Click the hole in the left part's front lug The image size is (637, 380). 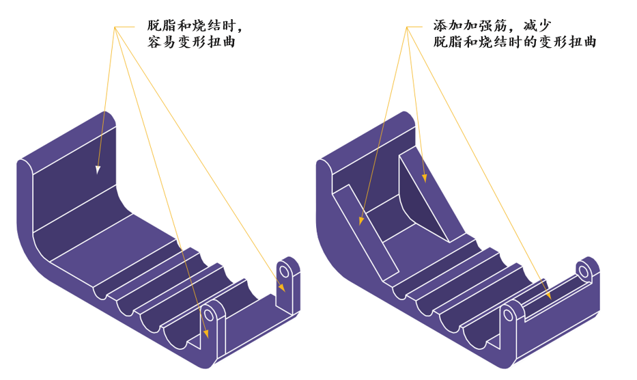point(208,315)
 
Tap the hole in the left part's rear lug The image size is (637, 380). point(285,272)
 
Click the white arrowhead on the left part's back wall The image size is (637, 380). point(98,168)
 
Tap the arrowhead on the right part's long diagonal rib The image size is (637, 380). point(361,220)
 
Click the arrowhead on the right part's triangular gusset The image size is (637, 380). point(425,178)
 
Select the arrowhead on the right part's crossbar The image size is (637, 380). point(548,295)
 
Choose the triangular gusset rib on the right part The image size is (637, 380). point(427,198)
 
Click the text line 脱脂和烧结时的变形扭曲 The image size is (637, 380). point(515,42)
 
